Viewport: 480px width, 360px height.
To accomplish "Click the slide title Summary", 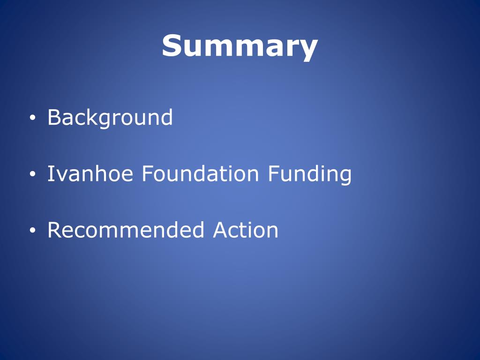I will coord(240,46).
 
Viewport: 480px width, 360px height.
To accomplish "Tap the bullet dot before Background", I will coord(32,118).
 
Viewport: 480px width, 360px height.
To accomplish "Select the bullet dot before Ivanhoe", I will coord(32,174).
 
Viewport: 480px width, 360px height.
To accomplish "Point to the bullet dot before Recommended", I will coord(32,231).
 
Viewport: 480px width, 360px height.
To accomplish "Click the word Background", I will coord(110,118).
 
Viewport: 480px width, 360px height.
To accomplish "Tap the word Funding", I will coord(309,175).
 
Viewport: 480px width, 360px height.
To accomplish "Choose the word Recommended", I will coord(126,230).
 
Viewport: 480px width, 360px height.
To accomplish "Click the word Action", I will coord(246,230).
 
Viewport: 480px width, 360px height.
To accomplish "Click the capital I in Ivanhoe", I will coord(50,174).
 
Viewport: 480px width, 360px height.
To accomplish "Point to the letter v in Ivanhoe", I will coord(60,176).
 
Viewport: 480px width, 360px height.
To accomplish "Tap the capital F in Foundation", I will coord(146,174).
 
